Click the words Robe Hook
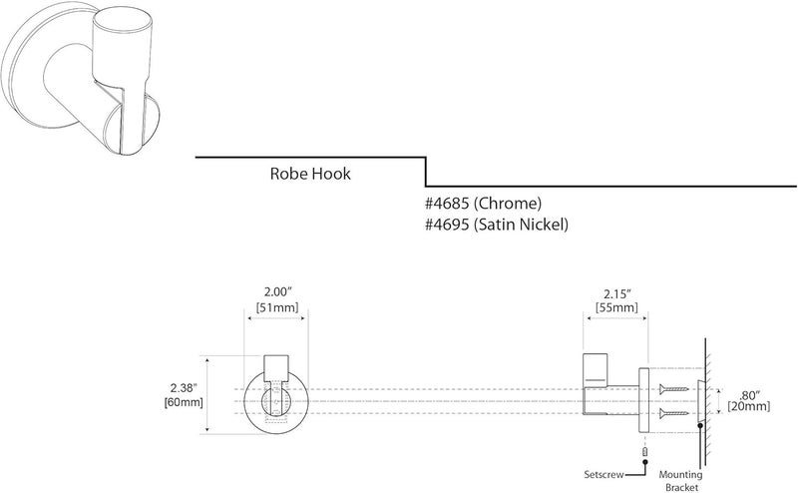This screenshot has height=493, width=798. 310,174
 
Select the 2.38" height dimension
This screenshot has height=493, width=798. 186,384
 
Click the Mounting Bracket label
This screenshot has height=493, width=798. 699,481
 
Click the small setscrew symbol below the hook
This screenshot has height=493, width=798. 645,452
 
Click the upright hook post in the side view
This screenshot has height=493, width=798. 596,369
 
